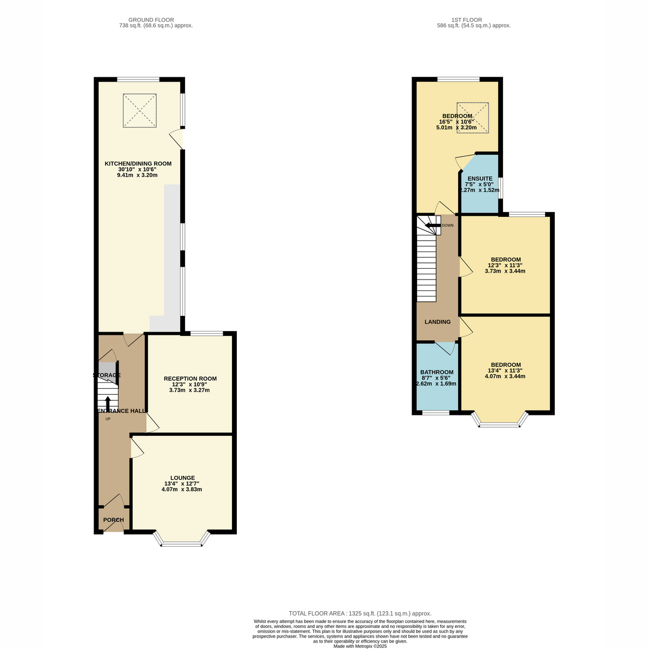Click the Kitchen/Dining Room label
pos(138,164)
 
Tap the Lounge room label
pos(182,478)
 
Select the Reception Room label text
pos(190,379)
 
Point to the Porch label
pos(114,520)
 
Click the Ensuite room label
pos(480,178)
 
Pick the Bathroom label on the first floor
pos(436,372)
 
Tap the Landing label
pos(437,322)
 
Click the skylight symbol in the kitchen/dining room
pos(140,110)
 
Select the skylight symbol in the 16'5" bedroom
pos(472,118)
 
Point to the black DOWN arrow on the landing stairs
pos(433,226)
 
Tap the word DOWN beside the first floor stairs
pos(448,226)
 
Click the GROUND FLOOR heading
pos(151,20)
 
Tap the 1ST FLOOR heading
pos(466,20)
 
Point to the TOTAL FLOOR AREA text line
pos(360,613)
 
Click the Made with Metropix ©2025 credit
pos(360,646)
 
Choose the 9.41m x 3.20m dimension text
pos(137,175)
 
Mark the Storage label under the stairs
pos(107,375)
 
